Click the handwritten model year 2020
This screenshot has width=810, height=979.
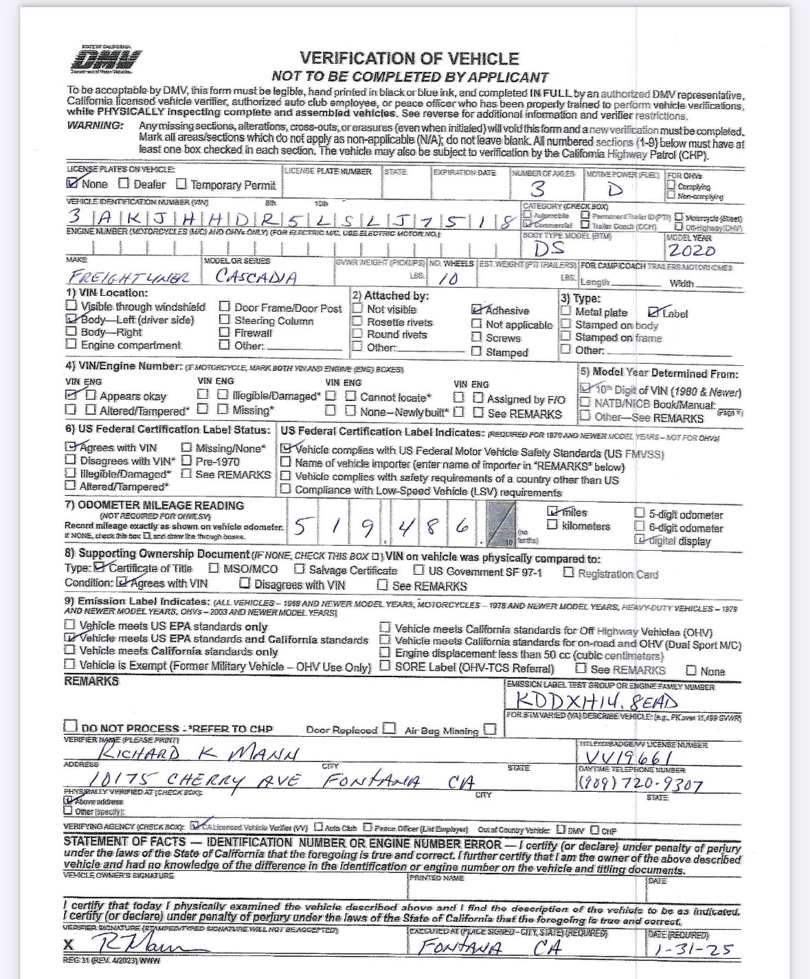tap(692, 250)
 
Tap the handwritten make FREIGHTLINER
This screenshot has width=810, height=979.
tap(128, 278)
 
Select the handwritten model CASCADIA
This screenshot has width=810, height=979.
tap(256, 277)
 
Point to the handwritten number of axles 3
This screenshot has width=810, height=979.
tap(539, 189)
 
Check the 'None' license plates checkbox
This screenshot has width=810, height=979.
tap(72, 183)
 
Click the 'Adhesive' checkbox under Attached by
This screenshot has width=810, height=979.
tap(477, 311)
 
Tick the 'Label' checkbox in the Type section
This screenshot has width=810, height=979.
tap(654, 313)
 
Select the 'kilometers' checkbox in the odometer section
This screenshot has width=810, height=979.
tap(552, 526)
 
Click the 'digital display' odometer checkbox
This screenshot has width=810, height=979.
tap(640, 540)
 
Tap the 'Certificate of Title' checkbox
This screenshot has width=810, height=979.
tap(100, 567)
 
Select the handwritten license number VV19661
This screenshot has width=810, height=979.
tap(624, 757)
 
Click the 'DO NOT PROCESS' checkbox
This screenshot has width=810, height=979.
tap(71, 726)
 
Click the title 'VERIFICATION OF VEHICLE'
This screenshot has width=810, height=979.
tap(409, 59)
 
